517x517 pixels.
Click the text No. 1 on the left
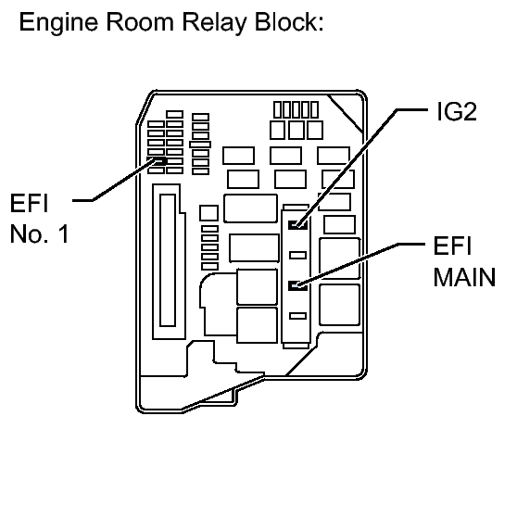pos(39,233)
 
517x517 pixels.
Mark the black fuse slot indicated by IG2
pos(298,224)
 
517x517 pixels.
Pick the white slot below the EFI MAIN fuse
pos(298,316)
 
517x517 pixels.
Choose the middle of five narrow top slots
pos(296,110)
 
